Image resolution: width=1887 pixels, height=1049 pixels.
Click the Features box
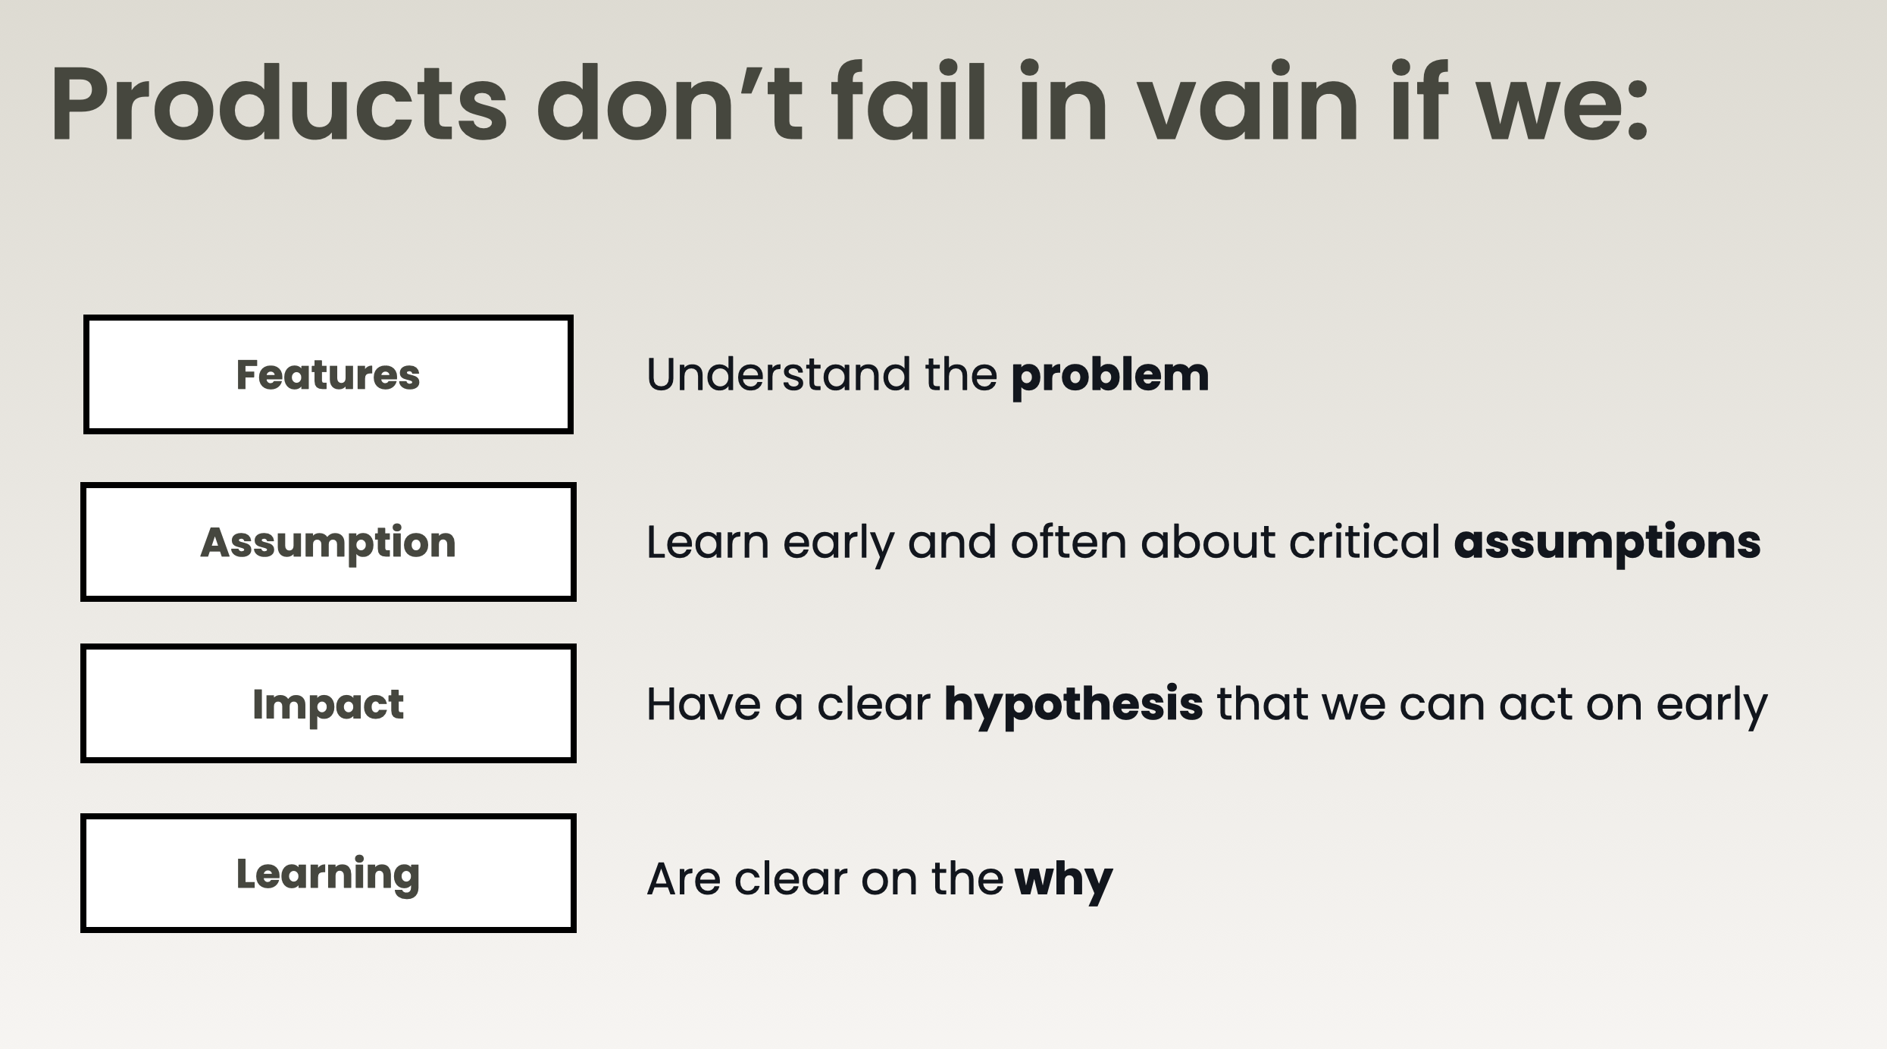coord(328,374)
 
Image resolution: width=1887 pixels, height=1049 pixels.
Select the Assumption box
coord(328,542)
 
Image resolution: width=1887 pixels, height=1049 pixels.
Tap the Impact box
coord(328,703)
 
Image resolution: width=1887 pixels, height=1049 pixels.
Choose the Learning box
coord(328,873)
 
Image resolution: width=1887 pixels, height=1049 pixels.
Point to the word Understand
coord(779,374)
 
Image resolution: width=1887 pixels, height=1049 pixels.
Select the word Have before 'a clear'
coord(704,704)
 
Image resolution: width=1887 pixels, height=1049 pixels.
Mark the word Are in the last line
coord(684,879)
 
